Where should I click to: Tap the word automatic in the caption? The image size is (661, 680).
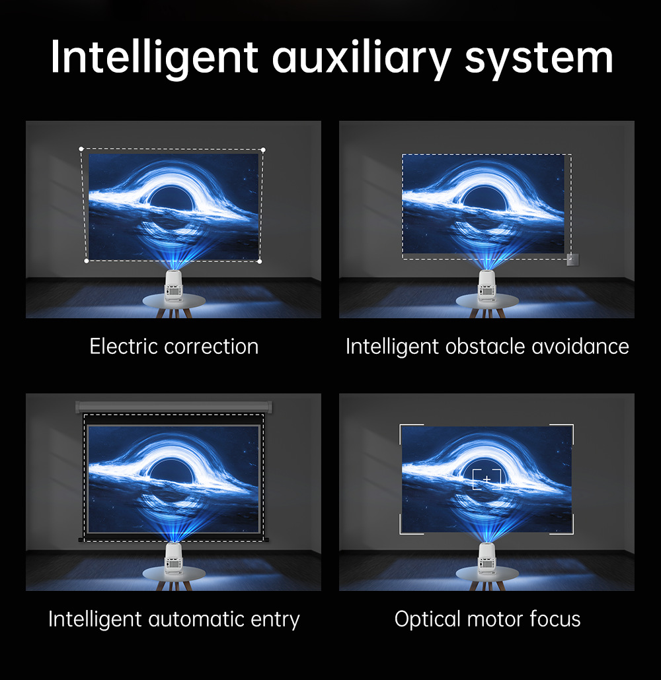[x=202, y=619]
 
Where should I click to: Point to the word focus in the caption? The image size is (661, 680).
[x=555, y=619]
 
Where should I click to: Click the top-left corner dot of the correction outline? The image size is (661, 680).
[x=81, y=149]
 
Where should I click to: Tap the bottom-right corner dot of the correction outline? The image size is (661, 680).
[x=260, y=261]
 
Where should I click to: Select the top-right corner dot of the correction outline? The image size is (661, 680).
[x=263, y=150]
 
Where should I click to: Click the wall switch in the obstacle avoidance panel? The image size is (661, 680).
[x=572, y=259]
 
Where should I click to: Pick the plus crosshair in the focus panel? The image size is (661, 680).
[x=487, y=478]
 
